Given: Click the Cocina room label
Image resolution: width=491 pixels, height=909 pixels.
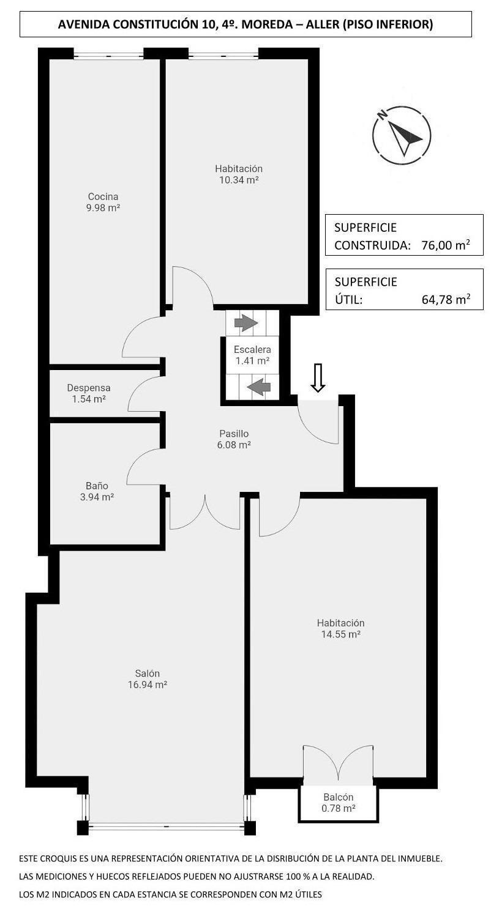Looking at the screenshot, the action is (x=103, y=197).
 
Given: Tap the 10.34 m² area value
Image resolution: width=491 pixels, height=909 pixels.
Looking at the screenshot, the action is (x=239, y=180).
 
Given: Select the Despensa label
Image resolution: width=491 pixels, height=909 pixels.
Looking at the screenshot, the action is (x=89, y=388).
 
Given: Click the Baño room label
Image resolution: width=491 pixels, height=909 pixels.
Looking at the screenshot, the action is (x=97, y=486).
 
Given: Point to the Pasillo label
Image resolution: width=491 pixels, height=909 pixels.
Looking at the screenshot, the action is (x=234, y=434).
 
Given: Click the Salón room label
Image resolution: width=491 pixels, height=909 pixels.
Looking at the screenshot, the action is (x=148, y=673).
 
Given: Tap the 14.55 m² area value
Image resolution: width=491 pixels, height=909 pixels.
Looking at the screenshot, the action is (x=341, y=634).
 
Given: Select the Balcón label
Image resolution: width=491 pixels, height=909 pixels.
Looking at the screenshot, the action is (x=339, y=797).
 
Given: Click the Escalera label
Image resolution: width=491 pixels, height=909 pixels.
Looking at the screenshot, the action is (x=252, y=349).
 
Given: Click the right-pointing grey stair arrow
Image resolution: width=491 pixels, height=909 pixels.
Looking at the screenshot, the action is (x=246, y=323).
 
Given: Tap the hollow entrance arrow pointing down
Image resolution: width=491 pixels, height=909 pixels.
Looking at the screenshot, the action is (x=318, y=377).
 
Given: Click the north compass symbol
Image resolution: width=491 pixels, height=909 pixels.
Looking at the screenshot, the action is (x=402, y=135).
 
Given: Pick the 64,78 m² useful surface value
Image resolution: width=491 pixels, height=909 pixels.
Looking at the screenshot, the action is (x=446, y=300).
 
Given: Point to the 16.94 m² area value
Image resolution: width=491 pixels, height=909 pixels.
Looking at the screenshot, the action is (x=148, y=685).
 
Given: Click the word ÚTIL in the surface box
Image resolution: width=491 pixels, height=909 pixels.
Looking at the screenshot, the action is (x=348, y=300).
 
